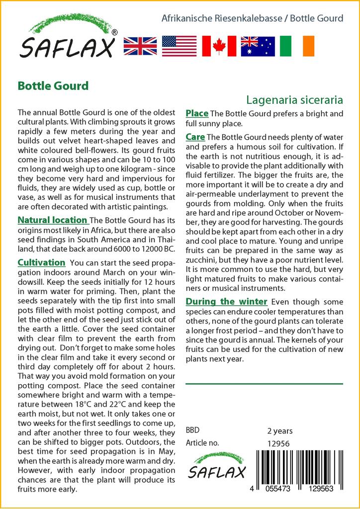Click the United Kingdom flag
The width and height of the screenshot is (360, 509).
coord(140,46)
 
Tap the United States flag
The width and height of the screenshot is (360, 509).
coord(179,46)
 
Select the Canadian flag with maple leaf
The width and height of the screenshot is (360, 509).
coord(219,46)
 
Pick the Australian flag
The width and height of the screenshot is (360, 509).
coord(258,46)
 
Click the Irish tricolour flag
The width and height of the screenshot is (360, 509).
coord(297,46)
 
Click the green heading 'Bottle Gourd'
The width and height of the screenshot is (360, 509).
coord(53,85)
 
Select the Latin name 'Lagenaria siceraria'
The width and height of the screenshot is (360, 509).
coord(294,99)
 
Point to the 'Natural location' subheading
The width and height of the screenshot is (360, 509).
coord(52,220)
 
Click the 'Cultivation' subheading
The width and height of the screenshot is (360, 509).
coord(41,262)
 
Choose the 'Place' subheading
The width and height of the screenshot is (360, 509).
coord(197,114)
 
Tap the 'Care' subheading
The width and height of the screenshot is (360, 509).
coord(195,137)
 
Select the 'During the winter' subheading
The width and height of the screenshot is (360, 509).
coord(226,302)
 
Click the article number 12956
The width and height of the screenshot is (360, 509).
coord(278,443)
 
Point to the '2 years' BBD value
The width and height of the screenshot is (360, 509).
coord(280,431)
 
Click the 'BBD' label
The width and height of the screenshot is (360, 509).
coord(193,431)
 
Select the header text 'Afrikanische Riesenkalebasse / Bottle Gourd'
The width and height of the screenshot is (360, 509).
coord(253,18)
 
